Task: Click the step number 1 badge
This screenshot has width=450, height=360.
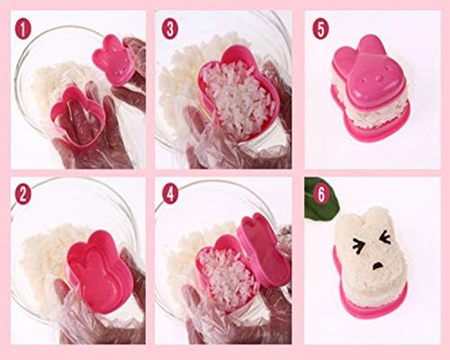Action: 23,30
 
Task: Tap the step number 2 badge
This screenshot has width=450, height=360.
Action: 23,194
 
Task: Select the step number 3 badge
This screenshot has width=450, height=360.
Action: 170,30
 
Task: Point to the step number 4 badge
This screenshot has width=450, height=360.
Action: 170,194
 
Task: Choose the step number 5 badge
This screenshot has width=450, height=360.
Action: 320,30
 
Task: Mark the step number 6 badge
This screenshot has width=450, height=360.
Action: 320,194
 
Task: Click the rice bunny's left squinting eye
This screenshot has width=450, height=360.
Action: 357,244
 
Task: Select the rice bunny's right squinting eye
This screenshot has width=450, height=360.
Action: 385,238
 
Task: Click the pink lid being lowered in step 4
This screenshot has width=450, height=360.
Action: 264,249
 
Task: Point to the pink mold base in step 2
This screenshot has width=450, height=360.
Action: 100,271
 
